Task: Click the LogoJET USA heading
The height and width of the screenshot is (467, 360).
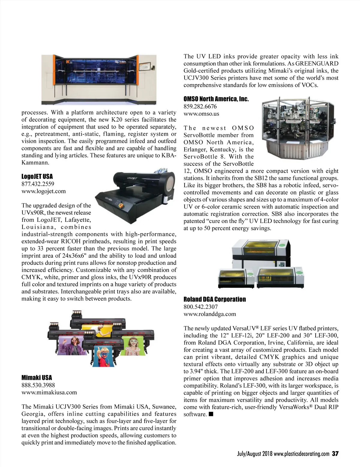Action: pos(37,177)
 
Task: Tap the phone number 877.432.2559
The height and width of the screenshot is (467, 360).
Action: pos(38,184)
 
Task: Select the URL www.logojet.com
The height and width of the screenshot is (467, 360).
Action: pos(43,191)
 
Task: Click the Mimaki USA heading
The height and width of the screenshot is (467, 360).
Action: pos(37,378)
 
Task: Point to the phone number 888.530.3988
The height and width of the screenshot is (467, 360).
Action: pos(38,385)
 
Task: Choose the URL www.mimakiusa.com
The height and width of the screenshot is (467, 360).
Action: pos(49,392)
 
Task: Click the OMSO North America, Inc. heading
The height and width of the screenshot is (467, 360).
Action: pos(216,99)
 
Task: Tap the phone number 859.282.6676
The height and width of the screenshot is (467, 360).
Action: pos(200,106)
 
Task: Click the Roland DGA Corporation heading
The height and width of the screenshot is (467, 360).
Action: pos(214,299)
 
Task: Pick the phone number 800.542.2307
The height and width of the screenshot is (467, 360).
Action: pos(201,307)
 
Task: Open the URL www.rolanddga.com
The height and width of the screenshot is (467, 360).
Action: pos(210,314)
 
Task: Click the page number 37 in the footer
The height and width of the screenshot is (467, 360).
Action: pos(335,454)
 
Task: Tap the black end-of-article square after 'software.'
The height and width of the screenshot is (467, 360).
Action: pos(211,414)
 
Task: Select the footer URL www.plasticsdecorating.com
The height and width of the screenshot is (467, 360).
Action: pos(301,454)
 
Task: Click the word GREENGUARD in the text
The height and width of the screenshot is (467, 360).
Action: pos(317,64)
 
